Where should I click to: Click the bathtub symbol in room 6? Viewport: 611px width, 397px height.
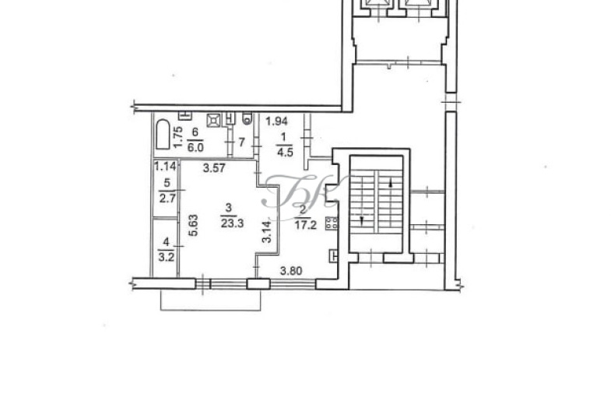pyautogui.click(x=163, y=135)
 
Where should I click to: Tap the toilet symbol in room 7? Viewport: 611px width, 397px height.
pyautogui.click(x=247, y=118)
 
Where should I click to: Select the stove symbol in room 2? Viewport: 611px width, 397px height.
pyautogui.click(x=332, y=223)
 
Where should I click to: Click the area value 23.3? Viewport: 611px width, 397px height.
pyautogui.click(x=232, y=223)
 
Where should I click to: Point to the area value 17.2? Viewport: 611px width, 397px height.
pyautogui.click(x=305, y=225)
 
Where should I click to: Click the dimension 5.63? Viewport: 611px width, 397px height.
pyautogui.click(x=194, y=225)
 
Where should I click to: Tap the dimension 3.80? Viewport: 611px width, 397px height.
pyautogui.click(x=291, y=270)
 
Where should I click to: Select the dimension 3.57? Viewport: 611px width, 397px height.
pyautogui.click(x=214, y=168)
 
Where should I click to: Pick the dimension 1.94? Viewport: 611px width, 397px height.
pyautogui.click(x=276, y=121)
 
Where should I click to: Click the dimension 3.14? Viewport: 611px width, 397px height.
pyautogui.click(x=267, y=232)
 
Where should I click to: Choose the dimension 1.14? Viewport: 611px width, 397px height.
pyautogui.click(x=165, y=167)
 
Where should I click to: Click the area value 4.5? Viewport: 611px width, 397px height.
pyautogui.click(x=285, y=152)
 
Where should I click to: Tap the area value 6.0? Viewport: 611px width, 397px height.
pyautogui.click(x=195, y=148)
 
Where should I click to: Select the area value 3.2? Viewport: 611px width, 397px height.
pyautogui.click(x=167, y=257)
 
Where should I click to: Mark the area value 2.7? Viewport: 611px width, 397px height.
pyautogui.click(x=167, y=198)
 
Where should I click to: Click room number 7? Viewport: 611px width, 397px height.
pyautogui.click(x=241, y=142)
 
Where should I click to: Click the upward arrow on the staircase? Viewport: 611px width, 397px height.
pyautogui.click(x=391, y=183)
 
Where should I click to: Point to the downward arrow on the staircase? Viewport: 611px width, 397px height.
pyautogui.click(x=363, y=220)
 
